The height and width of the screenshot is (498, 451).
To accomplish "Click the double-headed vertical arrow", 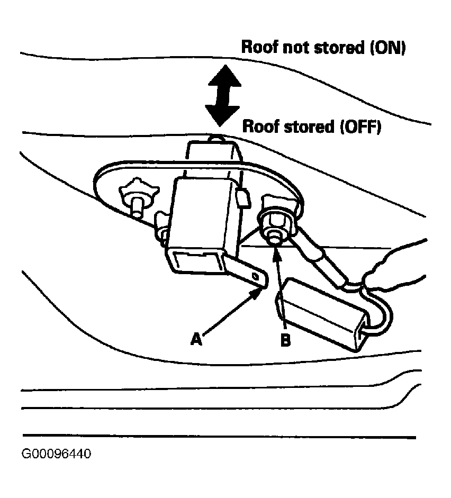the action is tap(223, 95).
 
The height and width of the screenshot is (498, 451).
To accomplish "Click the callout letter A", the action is tap(196, 339).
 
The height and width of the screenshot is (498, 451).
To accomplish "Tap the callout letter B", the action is tap(285, 340).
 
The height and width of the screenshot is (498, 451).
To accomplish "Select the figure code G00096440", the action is tap(56, 454).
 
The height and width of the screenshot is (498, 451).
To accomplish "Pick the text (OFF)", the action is tap(360, 127).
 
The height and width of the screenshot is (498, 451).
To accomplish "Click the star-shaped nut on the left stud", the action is tap(139, 192).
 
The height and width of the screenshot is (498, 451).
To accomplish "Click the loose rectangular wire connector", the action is tap(321, 314).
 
